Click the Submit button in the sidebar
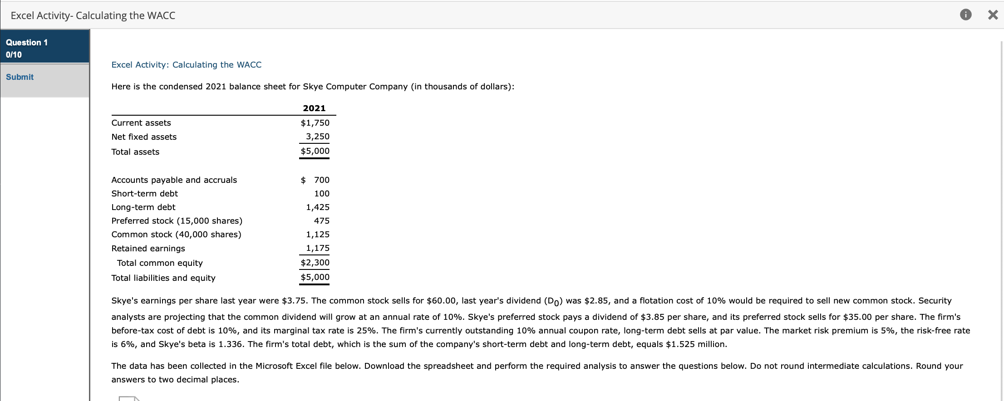point(20,77)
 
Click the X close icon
point(993,15)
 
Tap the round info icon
point(965,15)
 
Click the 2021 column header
point(314,108)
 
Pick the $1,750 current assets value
point(315,123)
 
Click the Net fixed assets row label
point(144,137)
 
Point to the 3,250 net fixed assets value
point(318,137)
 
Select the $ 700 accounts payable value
point(315,180)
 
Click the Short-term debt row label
point(144,194)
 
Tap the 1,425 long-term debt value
point(318,207)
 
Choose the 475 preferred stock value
point(321,221)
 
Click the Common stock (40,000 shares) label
point(176,235)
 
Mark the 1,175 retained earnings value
point(318,248)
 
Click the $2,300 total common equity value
point(315,263)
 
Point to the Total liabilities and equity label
point(163,278)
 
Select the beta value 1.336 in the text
point(231,344)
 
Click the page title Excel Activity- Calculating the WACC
point(93,15)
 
